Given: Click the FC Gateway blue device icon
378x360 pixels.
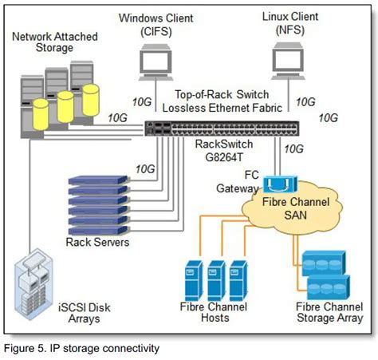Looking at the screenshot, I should [x=278, y=184].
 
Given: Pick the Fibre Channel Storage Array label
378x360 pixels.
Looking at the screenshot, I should [x=329, y=312].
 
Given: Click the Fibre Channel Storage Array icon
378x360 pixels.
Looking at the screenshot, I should [x=328, y=271].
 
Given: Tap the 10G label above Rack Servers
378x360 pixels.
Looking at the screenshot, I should [x=145, y=168].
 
